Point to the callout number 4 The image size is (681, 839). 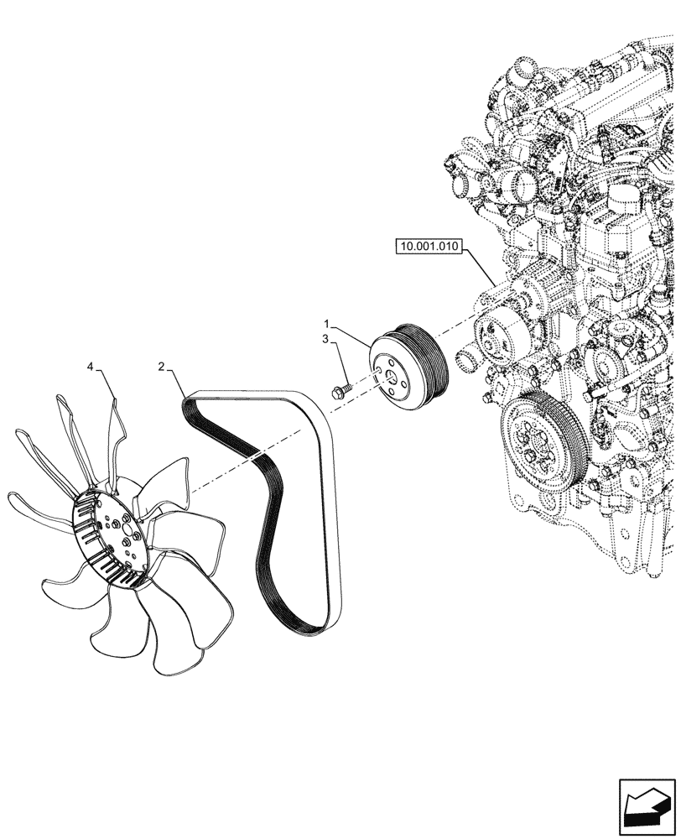pos(91,366)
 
